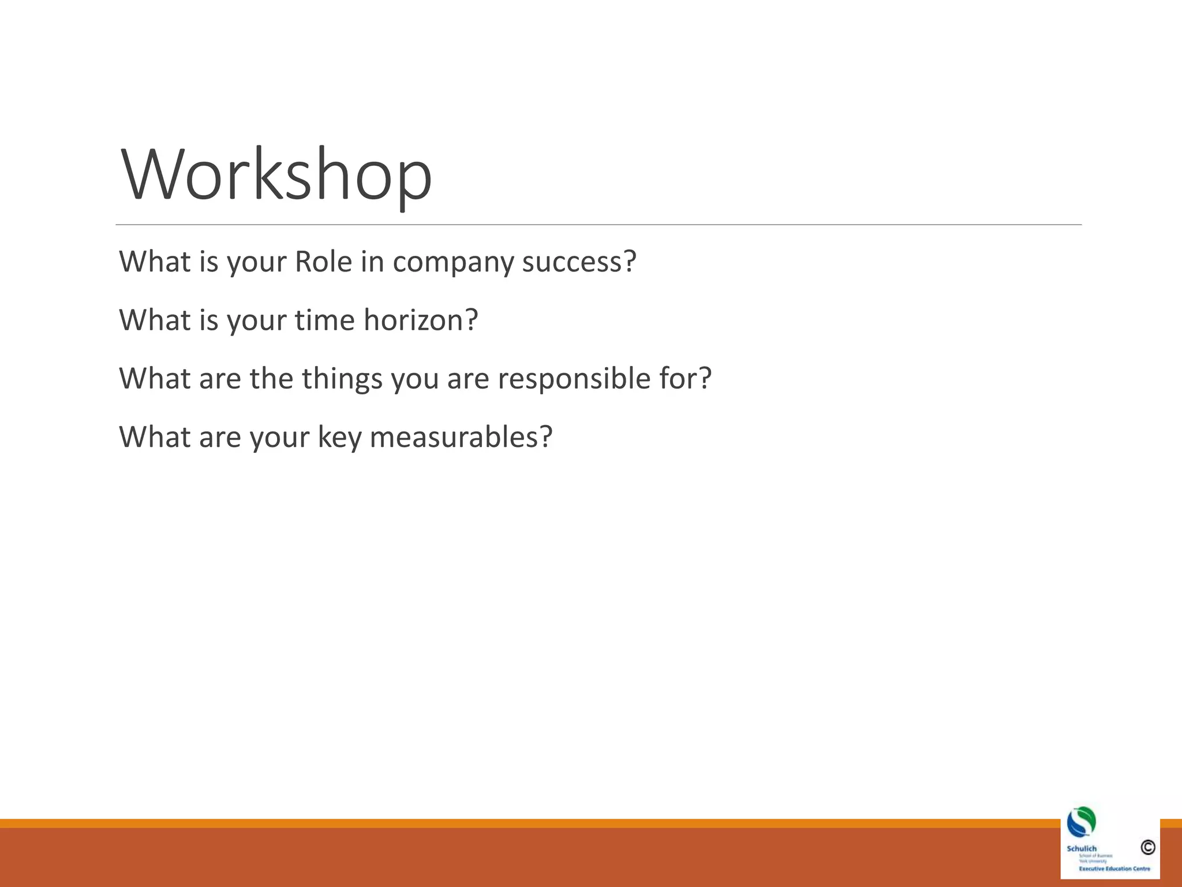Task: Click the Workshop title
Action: pyautogui.click(x=276, y=174)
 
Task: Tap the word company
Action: pyautogui.click(x=453, y=263)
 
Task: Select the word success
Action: pyautogui.click(x=571, y=262)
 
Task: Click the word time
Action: pyautogui.click(x=324, y=320)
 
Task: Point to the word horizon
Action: pyautogui.click(x=413, y=320)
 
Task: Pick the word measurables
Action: pyautogui.click(x=454, y=437)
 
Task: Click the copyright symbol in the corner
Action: pyautogui.click(x=1147, y=847)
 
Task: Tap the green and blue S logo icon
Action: pyautogui.click(x=1081, y=822)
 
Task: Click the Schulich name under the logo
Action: pyautogui.click(x=1081, y=848)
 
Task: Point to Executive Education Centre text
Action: pyautogui.click(x=1114, y=869)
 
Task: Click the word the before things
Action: pyautogui.click(x=271, y=379)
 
